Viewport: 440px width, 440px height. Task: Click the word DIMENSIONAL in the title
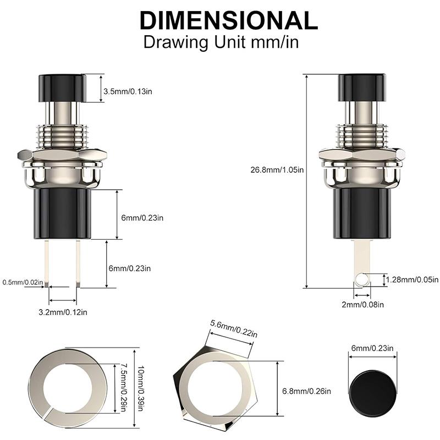[x=228, y=20]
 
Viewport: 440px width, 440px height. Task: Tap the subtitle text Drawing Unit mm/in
[x=221, y=42]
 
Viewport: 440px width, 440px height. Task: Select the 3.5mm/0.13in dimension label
[x=128, y=91]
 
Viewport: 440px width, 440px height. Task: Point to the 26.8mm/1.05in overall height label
[x=276, y=170]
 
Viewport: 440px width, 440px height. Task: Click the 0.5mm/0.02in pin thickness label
[x=23, y=282]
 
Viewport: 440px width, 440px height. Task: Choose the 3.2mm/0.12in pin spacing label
[x=63, y=312]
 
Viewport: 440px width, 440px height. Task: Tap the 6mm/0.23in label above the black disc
[x=372, y=348]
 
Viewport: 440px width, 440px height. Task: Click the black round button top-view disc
[x=372, y=386]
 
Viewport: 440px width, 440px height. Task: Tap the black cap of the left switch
[x=62, y=87]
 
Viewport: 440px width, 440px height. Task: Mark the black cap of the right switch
[x=362, y=87]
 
